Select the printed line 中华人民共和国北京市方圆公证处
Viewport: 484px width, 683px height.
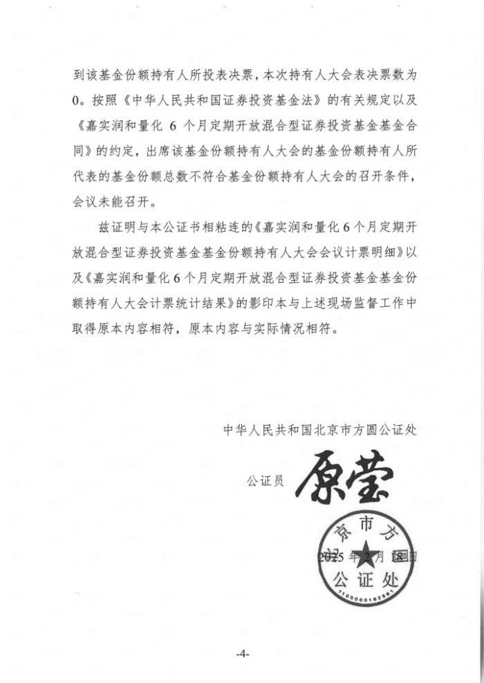[x=319, y=429]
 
